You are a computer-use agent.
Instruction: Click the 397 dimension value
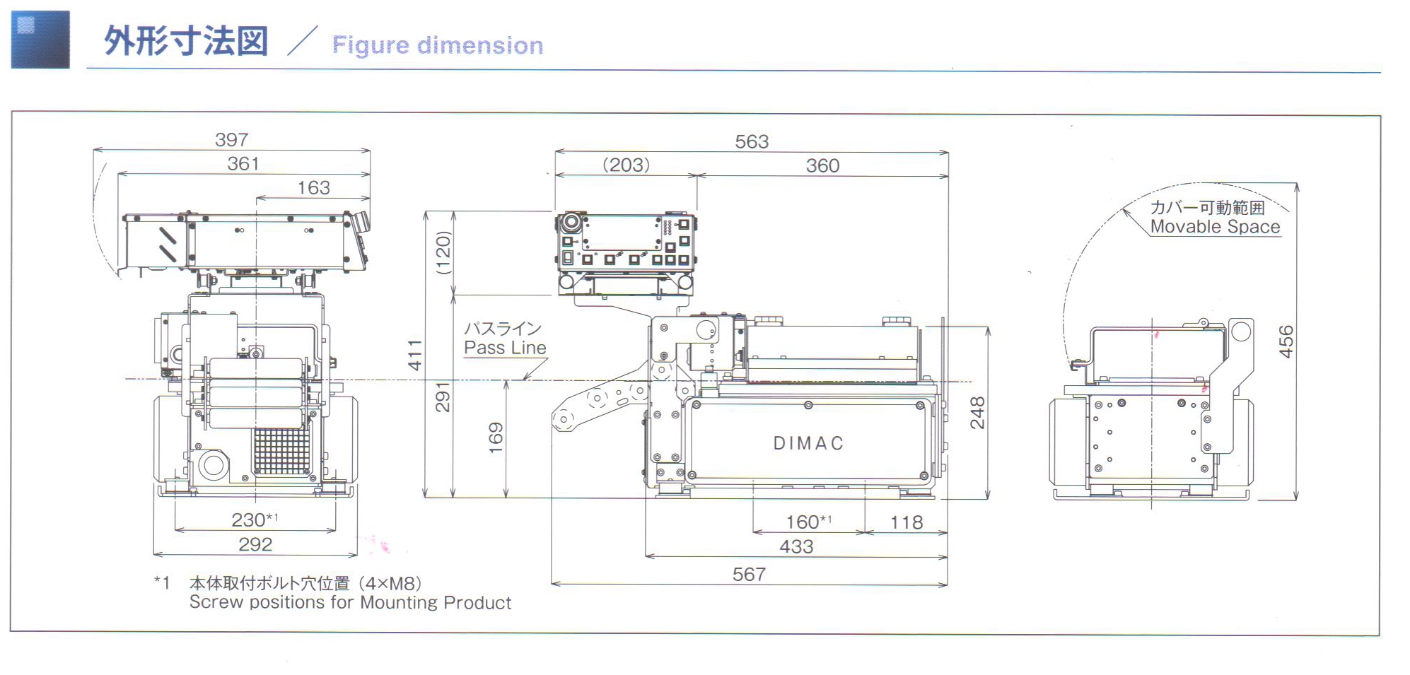(x=231, y=140)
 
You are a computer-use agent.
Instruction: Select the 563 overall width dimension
(x=752, y=141)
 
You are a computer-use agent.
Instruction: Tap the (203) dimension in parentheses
(x=626, y=165)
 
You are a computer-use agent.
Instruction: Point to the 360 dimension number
(x=822, y=165)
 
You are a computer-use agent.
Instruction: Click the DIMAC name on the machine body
(x=808, y=443)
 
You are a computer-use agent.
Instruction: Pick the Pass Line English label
(x=505, y=348)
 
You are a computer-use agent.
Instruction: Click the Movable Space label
(x=1215, y=227)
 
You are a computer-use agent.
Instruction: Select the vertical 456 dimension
(x=1286, y=341)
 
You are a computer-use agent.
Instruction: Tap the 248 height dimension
(x=977, y=413)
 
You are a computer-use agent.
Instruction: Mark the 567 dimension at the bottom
(x=749, y=574)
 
